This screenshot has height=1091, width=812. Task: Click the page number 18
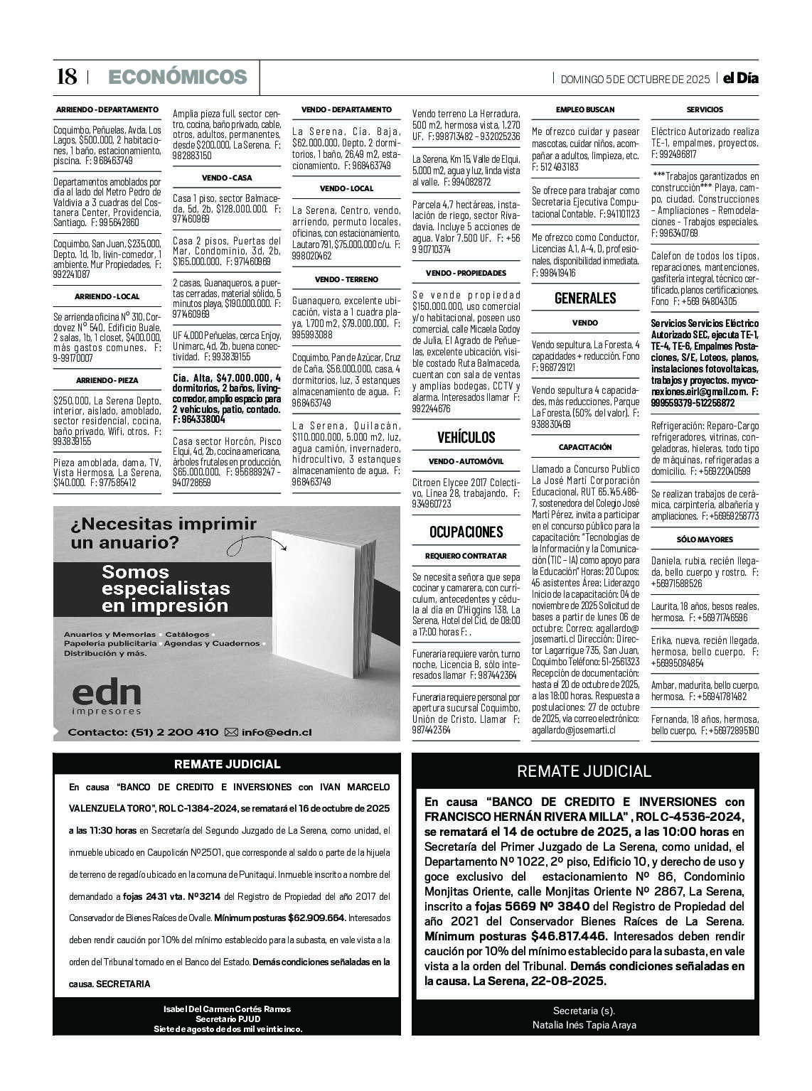coord(66,77)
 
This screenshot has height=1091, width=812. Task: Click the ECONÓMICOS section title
coord(178,77)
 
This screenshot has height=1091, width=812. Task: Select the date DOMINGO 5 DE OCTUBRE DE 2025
coord(635,79)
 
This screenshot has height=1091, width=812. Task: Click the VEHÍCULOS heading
coord(466,437)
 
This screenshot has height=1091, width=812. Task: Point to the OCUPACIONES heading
coord(466,532)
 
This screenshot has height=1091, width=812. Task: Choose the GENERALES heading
coord(585,298)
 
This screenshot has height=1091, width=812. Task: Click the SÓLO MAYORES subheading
coord(705,539)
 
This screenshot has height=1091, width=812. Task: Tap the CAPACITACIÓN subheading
coord(585,447)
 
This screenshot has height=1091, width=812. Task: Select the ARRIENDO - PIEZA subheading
coord(107,380)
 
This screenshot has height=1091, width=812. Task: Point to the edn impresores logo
coord(107,697)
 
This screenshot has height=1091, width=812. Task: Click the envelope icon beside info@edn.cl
coord(231,732)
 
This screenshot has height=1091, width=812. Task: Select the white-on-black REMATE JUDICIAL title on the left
coord(227,765)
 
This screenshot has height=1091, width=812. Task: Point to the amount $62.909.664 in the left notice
coord(317,918)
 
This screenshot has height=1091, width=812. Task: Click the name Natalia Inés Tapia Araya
coord(584,1025)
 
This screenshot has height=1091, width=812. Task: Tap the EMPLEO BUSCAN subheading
coord(585,109)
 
